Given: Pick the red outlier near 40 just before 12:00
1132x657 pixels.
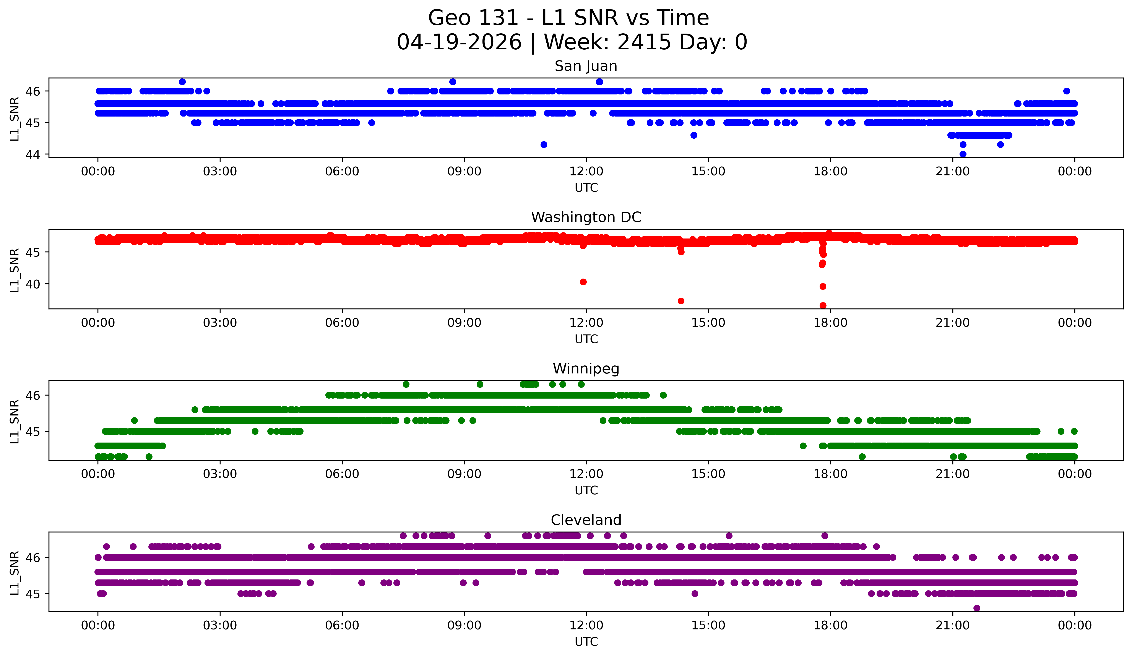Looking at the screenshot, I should [583, 282].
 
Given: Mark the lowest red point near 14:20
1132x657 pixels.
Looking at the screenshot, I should [681, 301].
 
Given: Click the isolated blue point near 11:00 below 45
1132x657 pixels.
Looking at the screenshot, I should [544, 145].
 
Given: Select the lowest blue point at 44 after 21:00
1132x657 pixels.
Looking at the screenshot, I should [963, 154].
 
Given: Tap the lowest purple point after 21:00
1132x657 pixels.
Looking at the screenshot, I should [977, 608].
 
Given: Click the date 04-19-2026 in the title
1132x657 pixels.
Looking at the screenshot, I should [459, 42].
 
